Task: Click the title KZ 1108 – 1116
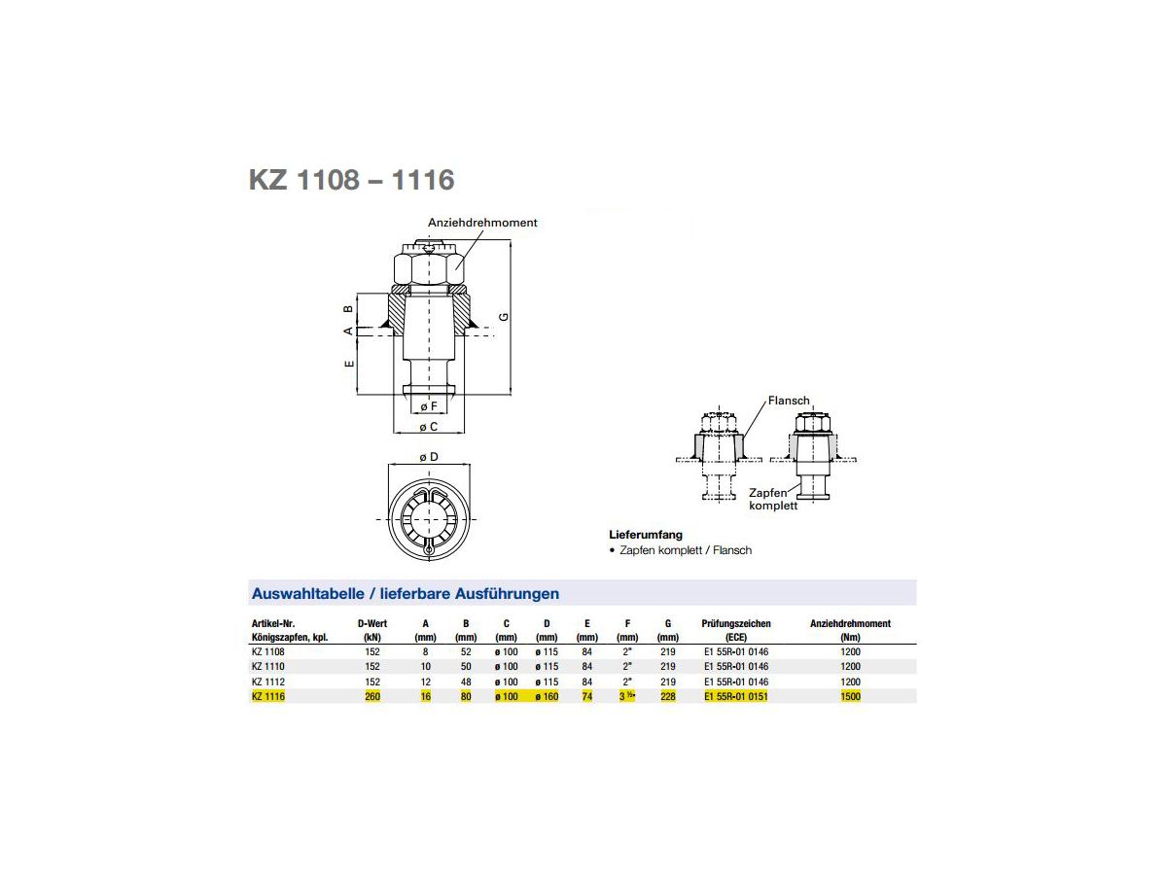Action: (x=351, y=180)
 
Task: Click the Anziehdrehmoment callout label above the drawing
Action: (x=482, y=223)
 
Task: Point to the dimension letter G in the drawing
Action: (x=504, y=317)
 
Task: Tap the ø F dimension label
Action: (x=428, y=406)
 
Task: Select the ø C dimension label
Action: (x=428, y=427)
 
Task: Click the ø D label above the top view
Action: (x=429, y=457)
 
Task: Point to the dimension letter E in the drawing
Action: (x=349, y=364)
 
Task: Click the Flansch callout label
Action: (x=789, y=401)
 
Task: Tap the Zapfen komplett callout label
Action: (x=773, y=500)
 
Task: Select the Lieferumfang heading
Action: (x=646, y=535)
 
